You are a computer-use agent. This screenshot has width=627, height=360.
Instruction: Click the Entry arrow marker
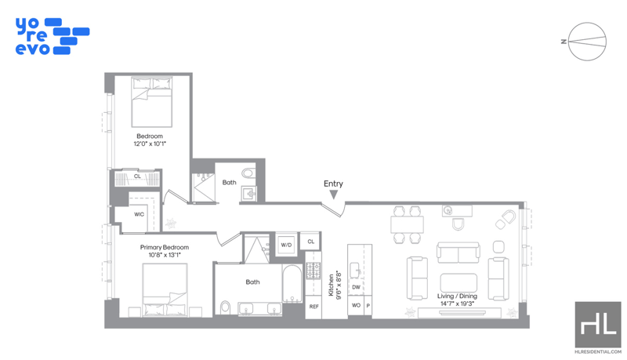pos(334,195)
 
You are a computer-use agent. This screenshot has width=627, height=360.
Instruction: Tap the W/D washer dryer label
pos(286,245)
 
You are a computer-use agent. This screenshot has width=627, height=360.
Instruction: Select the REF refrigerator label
pos(314,307)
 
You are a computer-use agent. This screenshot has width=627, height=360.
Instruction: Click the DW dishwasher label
pos(356,287)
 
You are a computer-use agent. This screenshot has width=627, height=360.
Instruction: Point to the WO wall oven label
pos(356,305)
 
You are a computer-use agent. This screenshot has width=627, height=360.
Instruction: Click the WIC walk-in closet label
pos(139,214)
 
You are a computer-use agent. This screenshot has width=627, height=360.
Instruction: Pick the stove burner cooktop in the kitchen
pos(313,271)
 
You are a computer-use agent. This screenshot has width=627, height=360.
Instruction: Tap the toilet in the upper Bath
pos(248,173)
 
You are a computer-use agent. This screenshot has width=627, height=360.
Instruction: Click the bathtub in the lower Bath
pos(292,284)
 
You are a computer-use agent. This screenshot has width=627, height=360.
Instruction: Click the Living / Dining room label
pos(457,296)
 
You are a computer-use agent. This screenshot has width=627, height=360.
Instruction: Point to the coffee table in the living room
pos(458,282)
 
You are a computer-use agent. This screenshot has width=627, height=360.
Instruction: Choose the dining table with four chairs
pos(407,224)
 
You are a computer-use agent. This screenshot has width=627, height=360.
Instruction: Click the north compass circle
pos(587,42)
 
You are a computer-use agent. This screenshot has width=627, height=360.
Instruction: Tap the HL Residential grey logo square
pos(598,325)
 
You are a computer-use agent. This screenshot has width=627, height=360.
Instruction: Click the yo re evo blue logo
pos(53,36)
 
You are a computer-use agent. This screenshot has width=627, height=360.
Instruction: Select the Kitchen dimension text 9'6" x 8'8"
pos(339,285)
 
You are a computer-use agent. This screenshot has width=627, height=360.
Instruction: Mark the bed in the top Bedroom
pos(152,103)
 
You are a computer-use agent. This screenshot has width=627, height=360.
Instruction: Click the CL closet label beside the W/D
pos(310,242)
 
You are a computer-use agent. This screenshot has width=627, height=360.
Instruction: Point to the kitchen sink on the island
pos(355,271)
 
